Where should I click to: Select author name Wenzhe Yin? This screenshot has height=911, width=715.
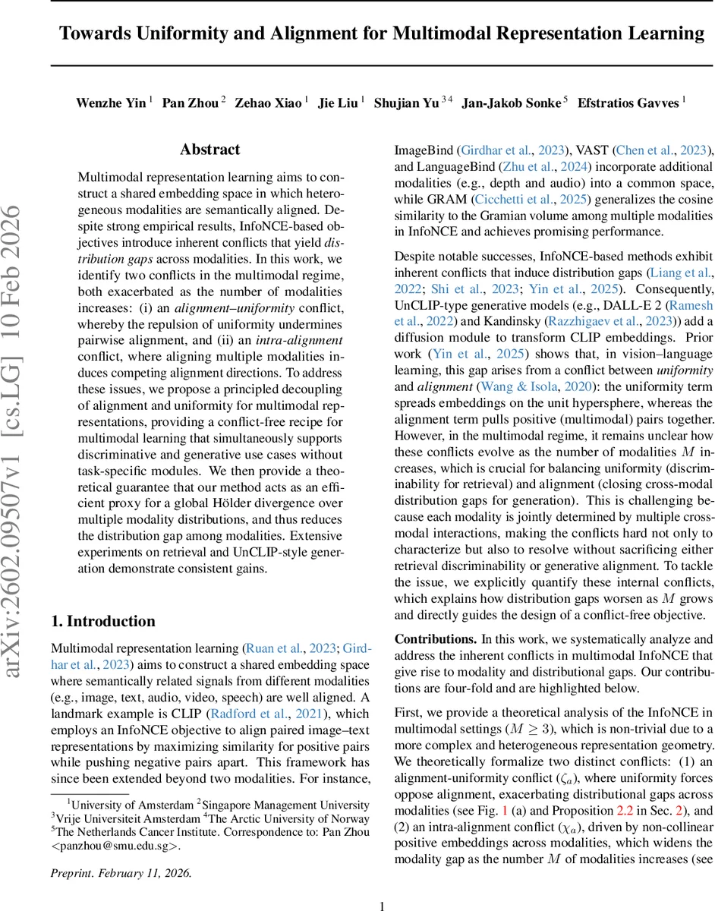coord(111,103)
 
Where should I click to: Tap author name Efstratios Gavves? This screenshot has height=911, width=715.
coord(628,103)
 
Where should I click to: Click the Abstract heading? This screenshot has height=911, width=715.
coord(210,150)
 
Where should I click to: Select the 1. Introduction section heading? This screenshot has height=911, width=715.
coord(103,600)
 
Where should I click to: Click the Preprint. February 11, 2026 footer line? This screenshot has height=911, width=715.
coord(121,852)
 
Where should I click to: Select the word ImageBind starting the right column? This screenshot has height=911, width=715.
coord(413,150)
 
